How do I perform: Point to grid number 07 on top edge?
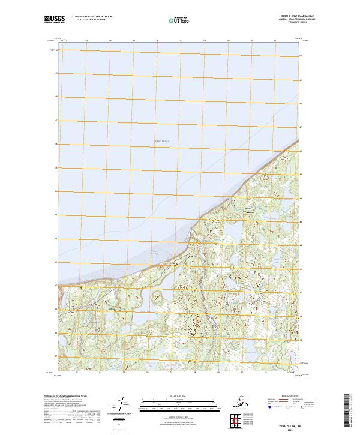(x=181, y=41)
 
